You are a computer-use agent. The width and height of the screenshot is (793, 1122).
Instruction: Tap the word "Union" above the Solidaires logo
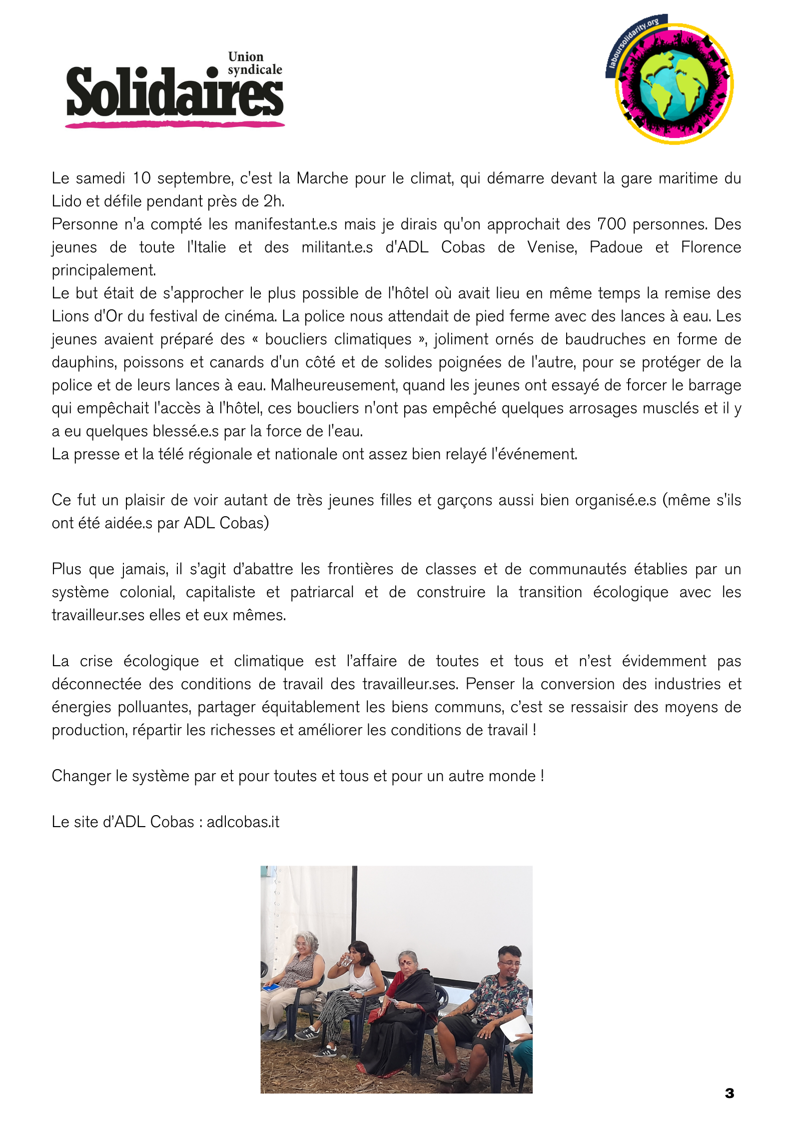(x=245, y=56)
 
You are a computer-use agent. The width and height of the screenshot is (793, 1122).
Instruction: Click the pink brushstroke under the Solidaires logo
(x=174, y=124)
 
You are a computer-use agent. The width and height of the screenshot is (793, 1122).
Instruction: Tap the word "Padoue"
(x=616, y=247)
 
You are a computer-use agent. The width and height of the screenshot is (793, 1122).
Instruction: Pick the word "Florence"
(x=711, y=247)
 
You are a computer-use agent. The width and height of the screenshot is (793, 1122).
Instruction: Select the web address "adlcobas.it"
(x=243, y=822)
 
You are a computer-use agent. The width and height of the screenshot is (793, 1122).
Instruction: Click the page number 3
(x=729, y=1093)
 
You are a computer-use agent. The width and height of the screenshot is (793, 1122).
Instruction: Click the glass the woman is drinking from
(x=346, y=960)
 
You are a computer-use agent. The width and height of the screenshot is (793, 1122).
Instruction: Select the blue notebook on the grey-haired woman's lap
(x=272, y=988)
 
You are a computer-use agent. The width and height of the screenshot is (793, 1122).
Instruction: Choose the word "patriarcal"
(x=322, y=592)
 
